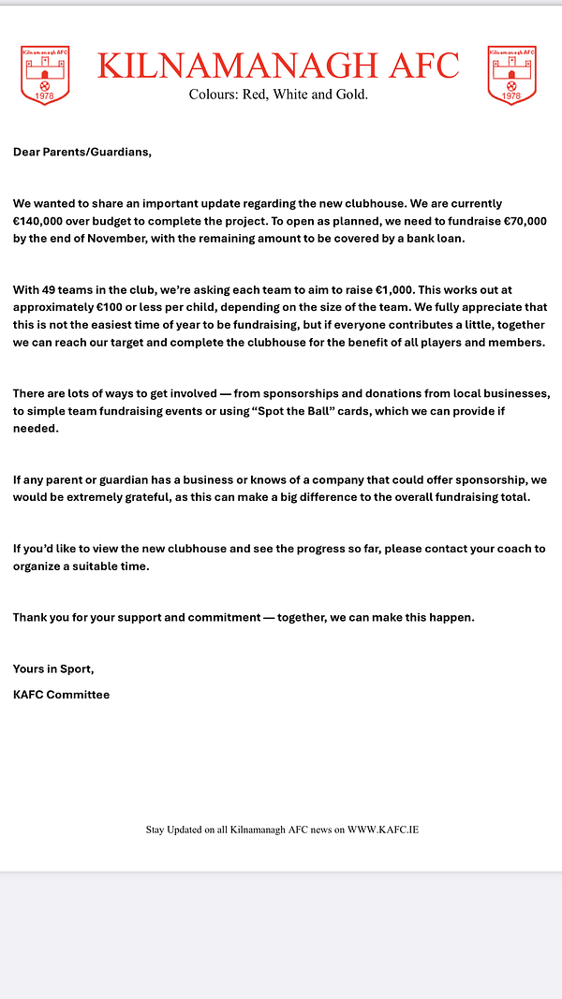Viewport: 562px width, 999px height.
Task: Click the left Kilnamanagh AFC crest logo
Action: coord(45,75)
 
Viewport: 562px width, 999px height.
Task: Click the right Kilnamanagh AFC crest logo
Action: coord(511,75)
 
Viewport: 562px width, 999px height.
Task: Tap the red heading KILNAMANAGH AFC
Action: coord(278,66)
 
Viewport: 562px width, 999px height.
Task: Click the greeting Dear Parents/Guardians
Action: coord(81,152)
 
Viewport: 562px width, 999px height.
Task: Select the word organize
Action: coord(41,566)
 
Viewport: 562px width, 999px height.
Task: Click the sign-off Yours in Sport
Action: coord(53,668)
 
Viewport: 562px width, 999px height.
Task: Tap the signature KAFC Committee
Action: coord(61,695)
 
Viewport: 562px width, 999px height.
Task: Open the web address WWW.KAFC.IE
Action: coord(383,830)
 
